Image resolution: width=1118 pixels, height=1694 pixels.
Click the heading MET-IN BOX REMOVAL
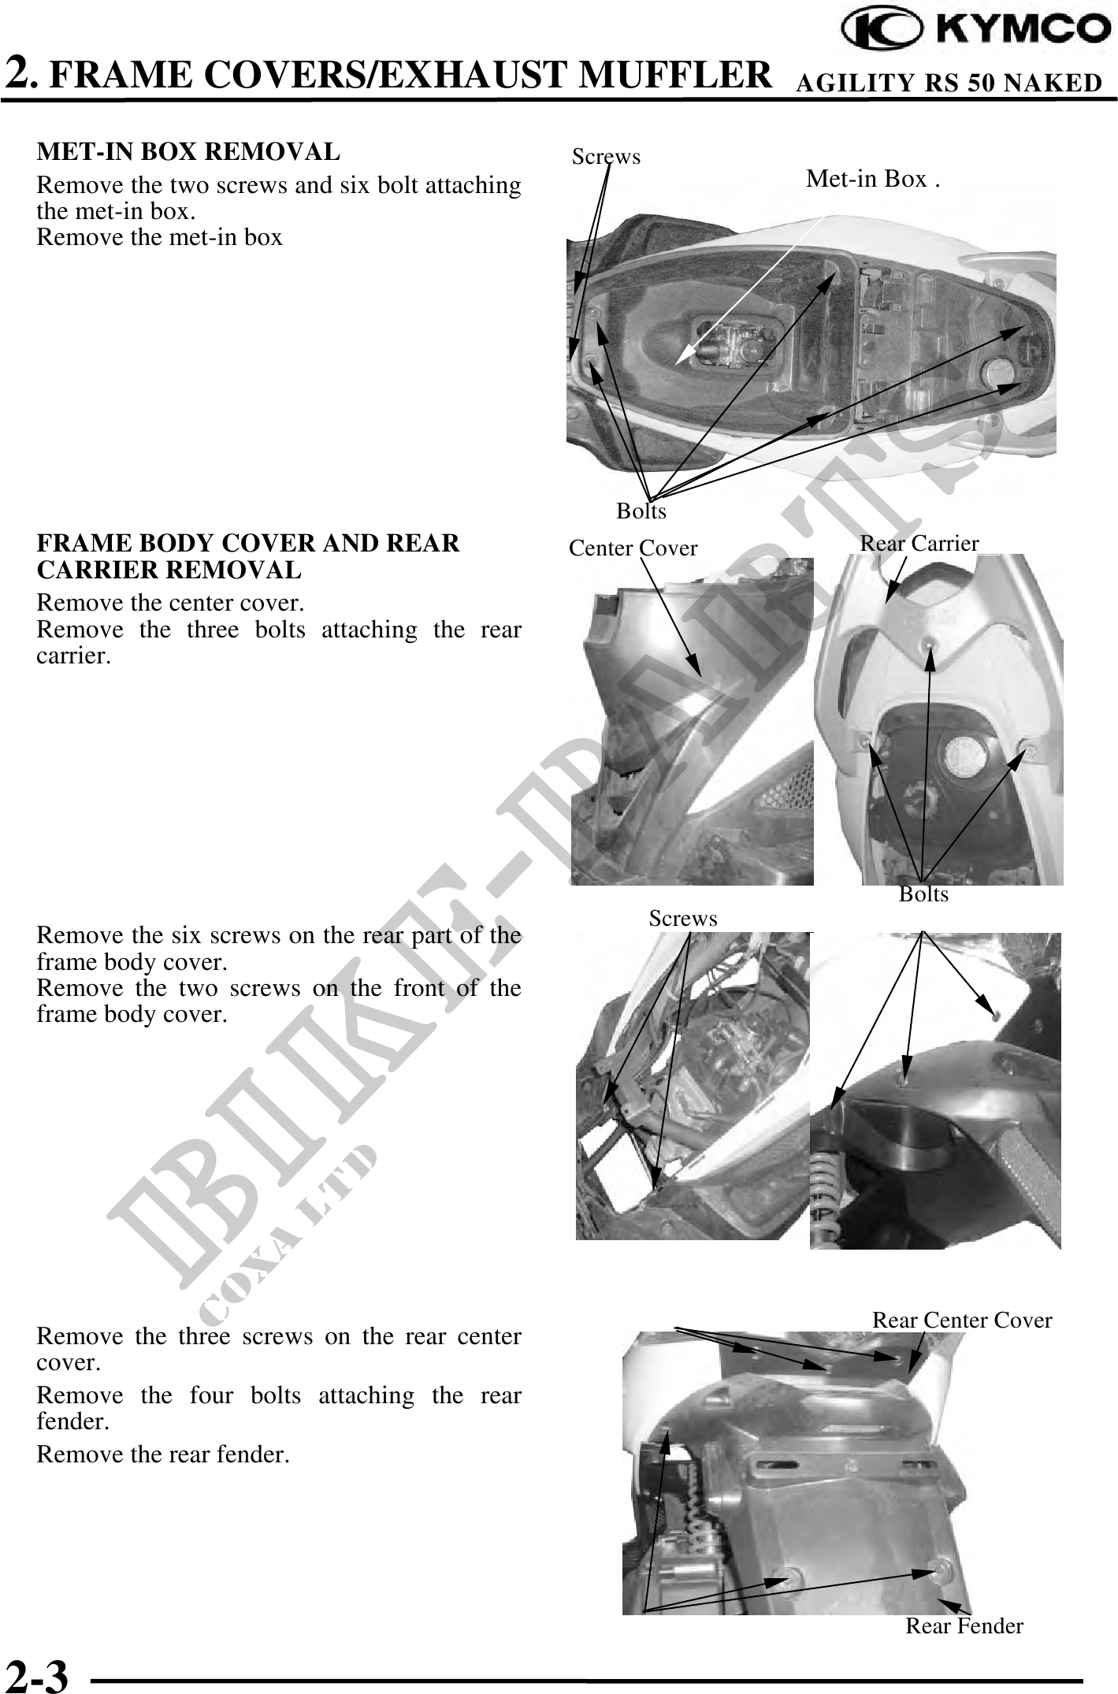[188, 151]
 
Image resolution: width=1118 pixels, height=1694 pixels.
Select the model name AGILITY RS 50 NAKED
[949, 83]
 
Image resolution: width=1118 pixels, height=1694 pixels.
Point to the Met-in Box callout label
[873, 180]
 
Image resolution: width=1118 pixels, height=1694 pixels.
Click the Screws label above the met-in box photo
[606, 157]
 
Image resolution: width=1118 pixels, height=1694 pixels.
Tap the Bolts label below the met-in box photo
[641, 511]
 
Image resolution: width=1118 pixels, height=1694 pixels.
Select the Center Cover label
[633, 548]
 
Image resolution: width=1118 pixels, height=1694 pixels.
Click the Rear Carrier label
[919, 543]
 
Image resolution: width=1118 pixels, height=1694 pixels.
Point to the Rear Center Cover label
[962, 1320]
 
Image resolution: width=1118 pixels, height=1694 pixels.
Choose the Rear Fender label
[964, 1625]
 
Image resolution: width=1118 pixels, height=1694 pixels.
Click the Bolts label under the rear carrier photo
[923, 895]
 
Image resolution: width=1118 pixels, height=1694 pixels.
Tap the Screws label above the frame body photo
[683, 919]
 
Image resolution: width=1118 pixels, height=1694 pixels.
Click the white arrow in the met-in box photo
[750, 290]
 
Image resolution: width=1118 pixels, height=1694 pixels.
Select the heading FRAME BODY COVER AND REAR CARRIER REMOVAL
[248, 556]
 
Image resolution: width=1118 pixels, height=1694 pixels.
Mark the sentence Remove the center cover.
[170, 604]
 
